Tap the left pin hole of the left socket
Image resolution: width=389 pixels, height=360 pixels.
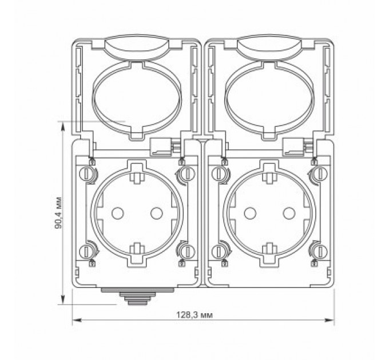[118, 213]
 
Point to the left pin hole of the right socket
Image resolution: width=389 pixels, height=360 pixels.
[249, 213]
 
